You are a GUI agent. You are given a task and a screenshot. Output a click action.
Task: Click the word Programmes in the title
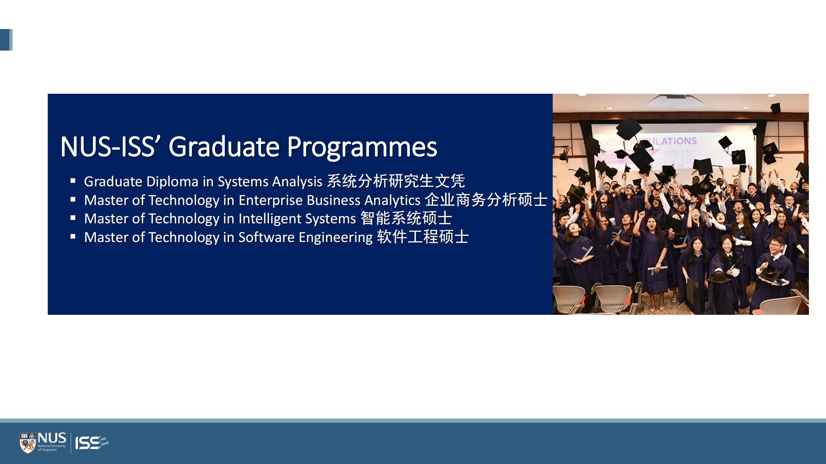click(x=362, y=147)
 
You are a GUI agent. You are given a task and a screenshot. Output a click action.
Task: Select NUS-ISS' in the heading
click(x=111, y=147)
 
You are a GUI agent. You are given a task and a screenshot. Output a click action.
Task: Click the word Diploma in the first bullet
click(x=172, y=182)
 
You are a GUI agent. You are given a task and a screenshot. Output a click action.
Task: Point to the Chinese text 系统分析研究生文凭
click(x=396, y=181)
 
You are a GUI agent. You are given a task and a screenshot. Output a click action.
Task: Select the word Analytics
click(x=392, y=200)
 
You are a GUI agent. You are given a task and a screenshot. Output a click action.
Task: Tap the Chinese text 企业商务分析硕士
click(x=486, y=200)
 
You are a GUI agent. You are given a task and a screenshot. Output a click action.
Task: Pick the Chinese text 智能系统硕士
click(x=406, y=218)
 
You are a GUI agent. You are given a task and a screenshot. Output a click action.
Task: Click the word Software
click(x=267, y=237)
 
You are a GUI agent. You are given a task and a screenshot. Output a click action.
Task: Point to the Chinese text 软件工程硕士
click(x=423, y=237)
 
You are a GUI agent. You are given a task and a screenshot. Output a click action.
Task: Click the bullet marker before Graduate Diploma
click(x=73, y=181)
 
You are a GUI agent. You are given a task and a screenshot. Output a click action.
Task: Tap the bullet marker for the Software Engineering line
click(x=73, y=237)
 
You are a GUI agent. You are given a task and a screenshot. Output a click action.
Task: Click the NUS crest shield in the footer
click(x=28, y=443)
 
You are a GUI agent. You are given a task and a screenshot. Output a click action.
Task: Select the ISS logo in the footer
click(x=92, y=443)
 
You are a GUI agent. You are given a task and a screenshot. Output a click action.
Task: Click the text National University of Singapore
click(x=52, y=448)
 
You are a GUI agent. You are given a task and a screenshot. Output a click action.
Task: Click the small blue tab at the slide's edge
click(x=6, y=40)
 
